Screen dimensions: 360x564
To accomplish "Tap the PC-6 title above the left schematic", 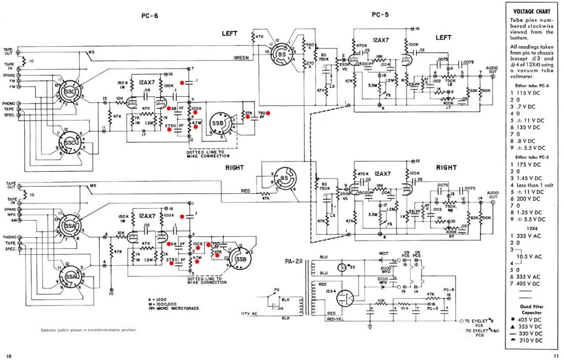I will [149, 17].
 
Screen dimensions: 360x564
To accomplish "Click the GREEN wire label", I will [241, 57].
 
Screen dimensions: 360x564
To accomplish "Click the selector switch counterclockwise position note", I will [88, 330].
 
